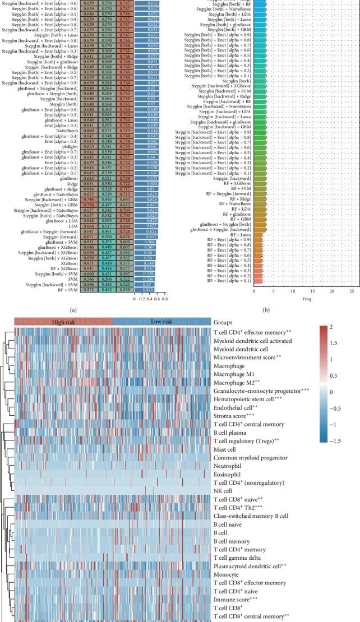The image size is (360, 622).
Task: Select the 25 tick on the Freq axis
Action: click(x=350, y=291)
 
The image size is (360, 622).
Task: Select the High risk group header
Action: click(x=63, y=322)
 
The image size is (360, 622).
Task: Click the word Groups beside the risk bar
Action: click(x=223, y=323)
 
